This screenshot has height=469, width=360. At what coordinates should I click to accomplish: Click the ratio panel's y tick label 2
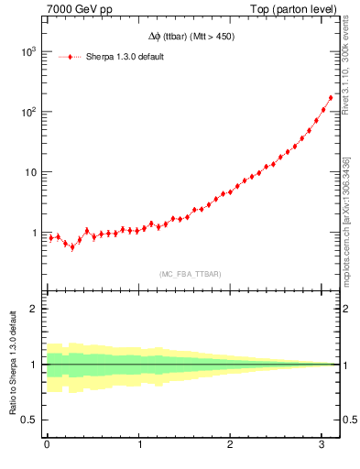coord(34,309)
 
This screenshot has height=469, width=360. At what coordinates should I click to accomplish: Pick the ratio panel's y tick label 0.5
coord(29,420)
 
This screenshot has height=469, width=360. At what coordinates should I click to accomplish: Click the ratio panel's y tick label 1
coord(34,365)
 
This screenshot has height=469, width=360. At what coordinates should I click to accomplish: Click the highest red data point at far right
coord(331,97)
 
